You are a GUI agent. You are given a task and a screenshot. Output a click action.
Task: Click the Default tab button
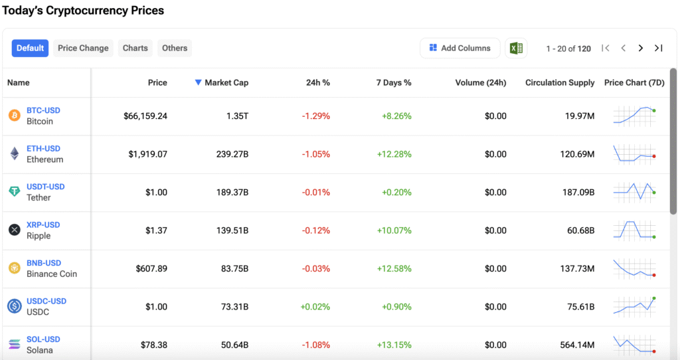30,48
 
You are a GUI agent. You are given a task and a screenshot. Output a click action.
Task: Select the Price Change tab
83,48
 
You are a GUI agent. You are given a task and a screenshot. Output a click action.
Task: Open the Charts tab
135,48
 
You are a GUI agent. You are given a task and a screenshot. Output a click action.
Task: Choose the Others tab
175,48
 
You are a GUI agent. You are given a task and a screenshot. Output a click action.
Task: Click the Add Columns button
460,48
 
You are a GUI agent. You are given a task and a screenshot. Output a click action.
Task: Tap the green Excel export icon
516,48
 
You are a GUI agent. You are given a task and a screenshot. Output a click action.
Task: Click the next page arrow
641,48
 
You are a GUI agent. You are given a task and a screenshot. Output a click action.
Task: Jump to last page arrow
658,48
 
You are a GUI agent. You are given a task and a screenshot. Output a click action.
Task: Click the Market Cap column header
222,82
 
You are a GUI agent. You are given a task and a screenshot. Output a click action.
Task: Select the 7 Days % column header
394,82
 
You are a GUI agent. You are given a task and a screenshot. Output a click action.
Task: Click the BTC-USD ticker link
43,111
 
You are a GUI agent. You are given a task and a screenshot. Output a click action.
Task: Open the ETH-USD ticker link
43,149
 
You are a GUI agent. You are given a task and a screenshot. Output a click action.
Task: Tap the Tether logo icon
15,191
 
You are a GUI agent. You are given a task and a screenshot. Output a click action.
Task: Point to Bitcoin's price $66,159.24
145,116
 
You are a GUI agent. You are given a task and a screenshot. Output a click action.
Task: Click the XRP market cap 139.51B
232,230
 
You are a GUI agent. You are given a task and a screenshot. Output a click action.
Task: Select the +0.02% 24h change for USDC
315,307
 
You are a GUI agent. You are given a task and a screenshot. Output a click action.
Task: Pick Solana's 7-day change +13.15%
394,345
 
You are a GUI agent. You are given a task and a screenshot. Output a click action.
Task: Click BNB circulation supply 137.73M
577,269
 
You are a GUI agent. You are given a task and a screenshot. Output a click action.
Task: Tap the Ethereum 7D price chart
634,154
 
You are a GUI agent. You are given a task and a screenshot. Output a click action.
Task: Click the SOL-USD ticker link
43,339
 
